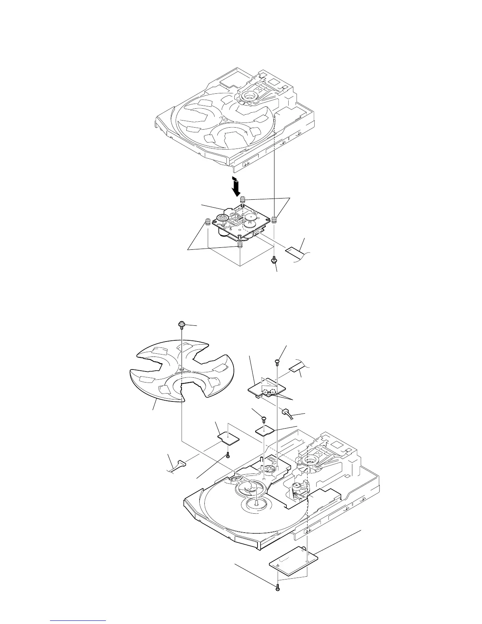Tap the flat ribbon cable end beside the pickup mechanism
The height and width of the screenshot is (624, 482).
pyautogui.click(x=293, y=251)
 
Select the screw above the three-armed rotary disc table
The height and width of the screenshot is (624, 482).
pyautogui.click(x=182, y=324)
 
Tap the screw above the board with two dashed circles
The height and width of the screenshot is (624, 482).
pyautogui.click(x=278, y=360)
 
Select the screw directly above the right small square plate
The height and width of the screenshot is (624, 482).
pyautogui.click(x=264, y=418)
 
